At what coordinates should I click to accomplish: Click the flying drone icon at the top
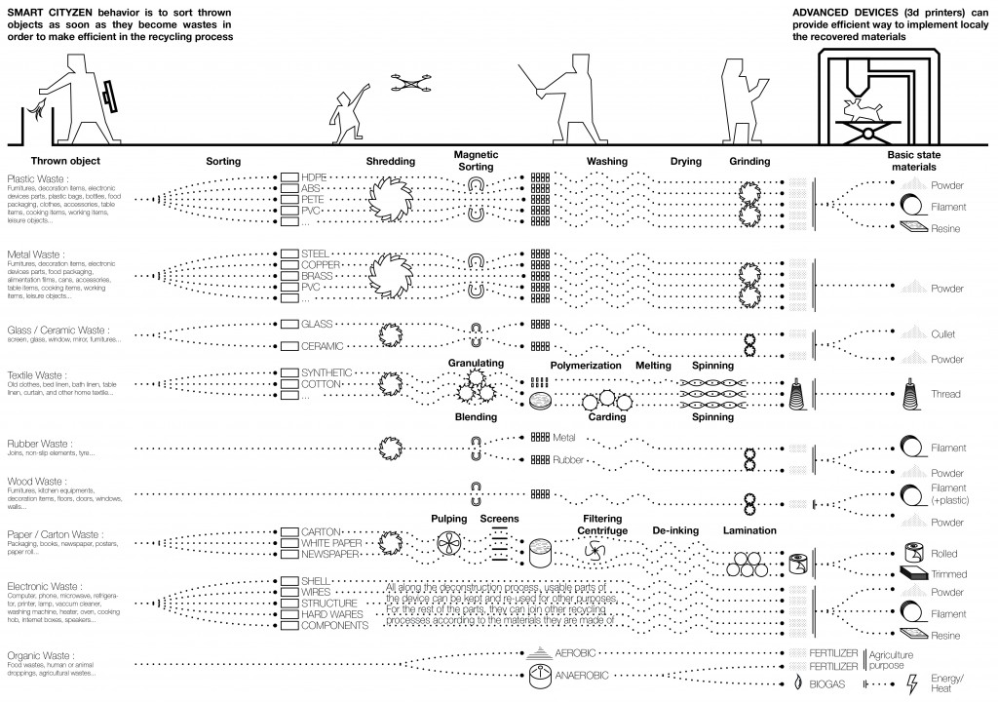[x=411, y=85]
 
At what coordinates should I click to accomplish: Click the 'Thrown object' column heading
[x=65, y=161]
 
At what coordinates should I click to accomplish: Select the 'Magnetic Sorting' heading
[x=475, y=161]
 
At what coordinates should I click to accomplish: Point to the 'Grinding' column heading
[x=749, y=161]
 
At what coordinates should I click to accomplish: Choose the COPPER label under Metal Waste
[x=321, y=264]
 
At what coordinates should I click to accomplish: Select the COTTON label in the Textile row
[x=321, y=385]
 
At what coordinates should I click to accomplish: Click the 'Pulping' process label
[x=449, y=519]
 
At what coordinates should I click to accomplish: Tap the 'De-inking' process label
[x=676, y=530]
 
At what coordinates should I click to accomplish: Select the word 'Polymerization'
[x=586, y=365]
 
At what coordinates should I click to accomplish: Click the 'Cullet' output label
[x=941, y=333]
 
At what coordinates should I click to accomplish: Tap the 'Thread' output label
[x=944, y=395]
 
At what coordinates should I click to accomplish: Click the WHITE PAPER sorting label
[x=331, y=543]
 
